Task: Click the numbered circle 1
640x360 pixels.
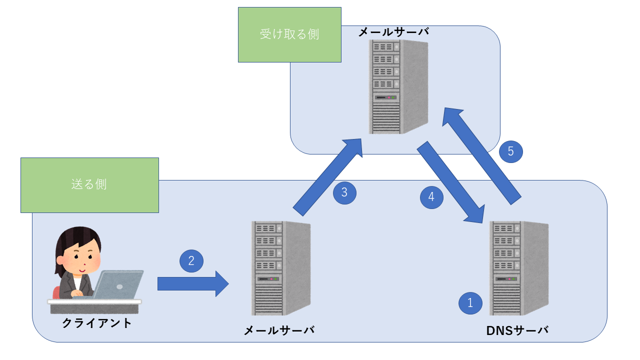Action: tap(470, 302)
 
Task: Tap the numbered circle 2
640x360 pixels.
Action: tap(191, 260)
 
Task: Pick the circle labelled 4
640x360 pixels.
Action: tap(431, 197)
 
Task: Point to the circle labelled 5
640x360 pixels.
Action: tap(510, 151)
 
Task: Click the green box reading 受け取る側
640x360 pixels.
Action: tap(289, 34)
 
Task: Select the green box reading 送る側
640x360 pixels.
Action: tap(89, 185)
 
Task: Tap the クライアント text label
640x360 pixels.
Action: tap(97, 323)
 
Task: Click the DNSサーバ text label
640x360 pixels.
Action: tap(517, 330)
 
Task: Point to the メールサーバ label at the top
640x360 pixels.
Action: tap(393, 32)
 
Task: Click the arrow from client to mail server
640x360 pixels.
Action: tap(193, 284)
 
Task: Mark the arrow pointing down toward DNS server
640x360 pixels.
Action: tap(450, 182)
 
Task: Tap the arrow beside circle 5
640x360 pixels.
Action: tap(483, 155)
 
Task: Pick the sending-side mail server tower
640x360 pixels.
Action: tap(280, 268)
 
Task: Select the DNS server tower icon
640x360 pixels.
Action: tap(518, 268)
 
